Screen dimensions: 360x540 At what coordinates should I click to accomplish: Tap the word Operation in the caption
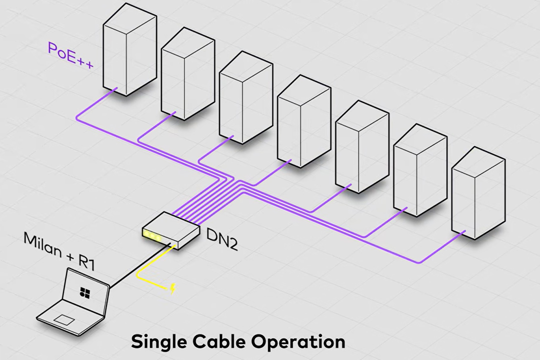(299, 342)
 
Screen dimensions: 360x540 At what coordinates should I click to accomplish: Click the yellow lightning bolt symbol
(173, 288)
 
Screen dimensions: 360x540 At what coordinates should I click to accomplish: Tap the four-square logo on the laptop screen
(84, 291)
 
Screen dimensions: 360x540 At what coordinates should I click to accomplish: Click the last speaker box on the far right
(477, 192)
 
